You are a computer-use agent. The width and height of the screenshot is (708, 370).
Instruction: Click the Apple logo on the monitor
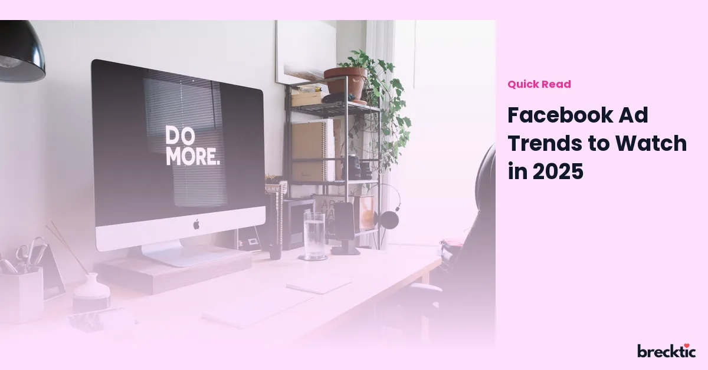click(196, 224)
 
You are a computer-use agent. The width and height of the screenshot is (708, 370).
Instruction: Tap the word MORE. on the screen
click(192, 156)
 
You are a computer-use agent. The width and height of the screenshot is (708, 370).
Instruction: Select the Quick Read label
click(539, 84)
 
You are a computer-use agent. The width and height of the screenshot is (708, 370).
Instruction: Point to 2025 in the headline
click(558, 171)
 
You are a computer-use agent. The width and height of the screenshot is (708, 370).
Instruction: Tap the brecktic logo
click(666, 351)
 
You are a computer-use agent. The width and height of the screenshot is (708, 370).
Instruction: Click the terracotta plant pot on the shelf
click(346, 82)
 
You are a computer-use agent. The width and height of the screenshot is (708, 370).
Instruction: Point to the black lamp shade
click(21, 52)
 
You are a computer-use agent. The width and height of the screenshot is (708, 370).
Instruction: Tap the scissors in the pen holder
click(31, 253)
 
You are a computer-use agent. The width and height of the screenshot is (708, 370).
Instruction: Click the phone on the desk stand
click(344, 221)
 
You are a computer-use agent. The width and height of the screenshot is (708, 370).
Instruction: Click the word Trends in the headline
click(545, 143)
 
